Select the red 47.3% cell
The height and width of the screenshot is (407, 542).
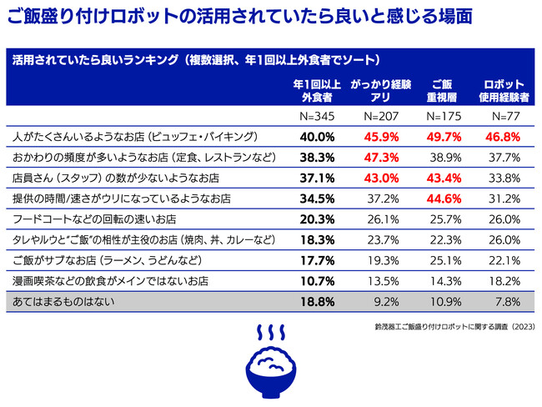(x=379, y=156)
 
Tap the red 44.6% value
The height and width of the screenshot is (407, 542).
(x=442, y=198)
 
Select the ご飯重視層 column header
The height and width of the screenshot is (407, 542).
(x=442, y=91)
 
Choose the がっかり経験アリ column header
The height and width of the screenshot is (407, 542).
(x=379, y=91)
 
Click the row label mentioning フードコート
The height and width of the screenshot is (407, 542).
(x=92, y=219)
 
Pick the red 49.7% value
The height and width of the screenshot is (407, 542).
(x=442, y=135)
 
